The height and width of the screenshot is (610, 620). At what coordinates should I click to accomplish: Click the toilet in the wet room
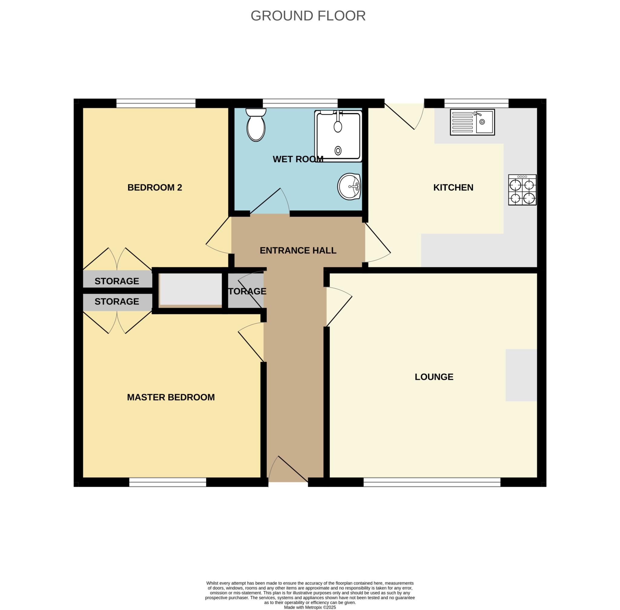(256, 126)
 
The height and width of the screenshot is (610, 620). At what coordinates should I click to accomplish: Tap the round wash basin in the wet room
(349, 187)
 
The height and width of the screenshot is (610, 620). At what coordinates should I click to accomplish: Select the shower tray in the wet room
(338, 137)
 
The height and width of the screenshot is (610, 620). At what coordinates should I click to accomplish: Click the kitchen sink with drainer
(472, 122)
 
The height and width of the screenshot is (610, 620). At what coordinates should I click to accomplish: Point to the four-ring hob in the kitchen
(522, 190)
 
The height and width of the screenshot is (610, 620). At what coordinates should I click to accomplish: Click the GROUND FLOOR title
(308, 16)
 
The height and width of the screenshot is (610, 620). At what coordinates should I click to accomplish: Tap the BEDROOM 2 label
(155, 187)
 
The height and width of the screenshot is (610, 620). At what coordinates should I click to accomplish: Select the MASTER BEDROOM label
(171, 397)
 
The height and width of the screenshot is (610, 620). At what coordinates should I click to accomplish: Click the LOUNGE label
(434, 377)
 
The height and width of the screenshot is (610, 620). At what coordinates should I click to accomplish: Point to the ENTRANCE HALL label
(298, 250)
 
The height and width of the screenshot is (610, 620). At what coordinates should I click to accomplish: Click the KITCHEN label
(453, 187)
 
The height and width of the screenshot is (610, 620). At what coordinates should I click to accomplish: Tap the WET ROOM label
(298, 159)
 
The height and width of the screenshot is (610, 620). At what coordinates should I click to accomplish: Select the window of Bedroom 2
(156, 104)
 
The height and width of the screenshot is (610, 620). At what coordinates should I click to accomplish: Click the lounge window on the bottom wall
(431, 482)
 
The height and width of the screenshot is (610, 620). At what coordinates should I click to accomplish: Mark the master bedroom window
(167, 482)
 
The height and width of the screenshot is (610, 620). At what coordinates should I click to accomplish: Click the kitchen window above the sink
(476, 104)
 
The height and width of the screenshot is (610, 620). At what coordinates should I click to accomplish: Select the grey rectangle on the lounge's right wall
(521, 375)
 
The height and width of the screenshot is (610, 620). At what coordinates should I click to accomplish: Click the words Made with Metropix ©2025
(310, 607)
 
